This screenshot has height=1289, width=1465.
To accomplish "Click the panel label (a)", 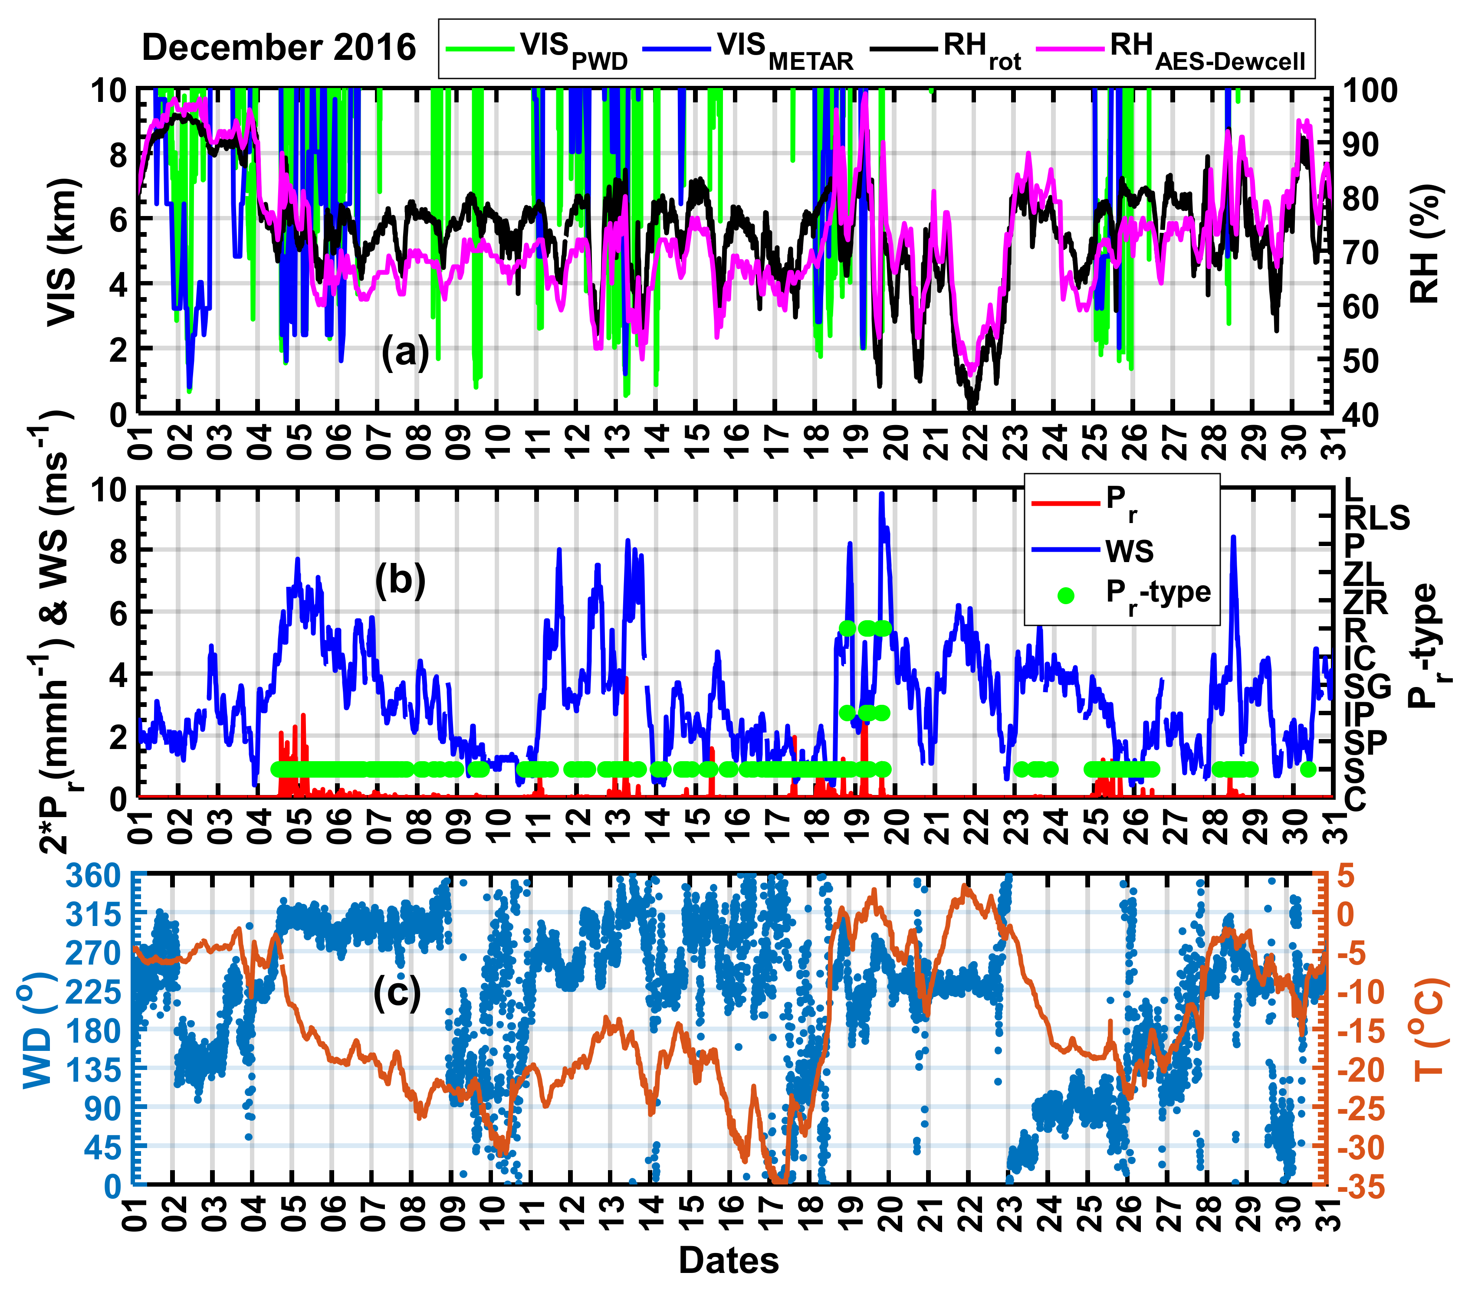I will [405, 353].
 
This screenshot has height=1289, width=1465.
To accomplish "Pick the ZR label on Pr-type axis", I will [1365, 602].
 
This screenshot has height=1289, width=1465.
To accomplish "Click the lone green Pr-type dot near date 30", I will [1307, 769].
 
